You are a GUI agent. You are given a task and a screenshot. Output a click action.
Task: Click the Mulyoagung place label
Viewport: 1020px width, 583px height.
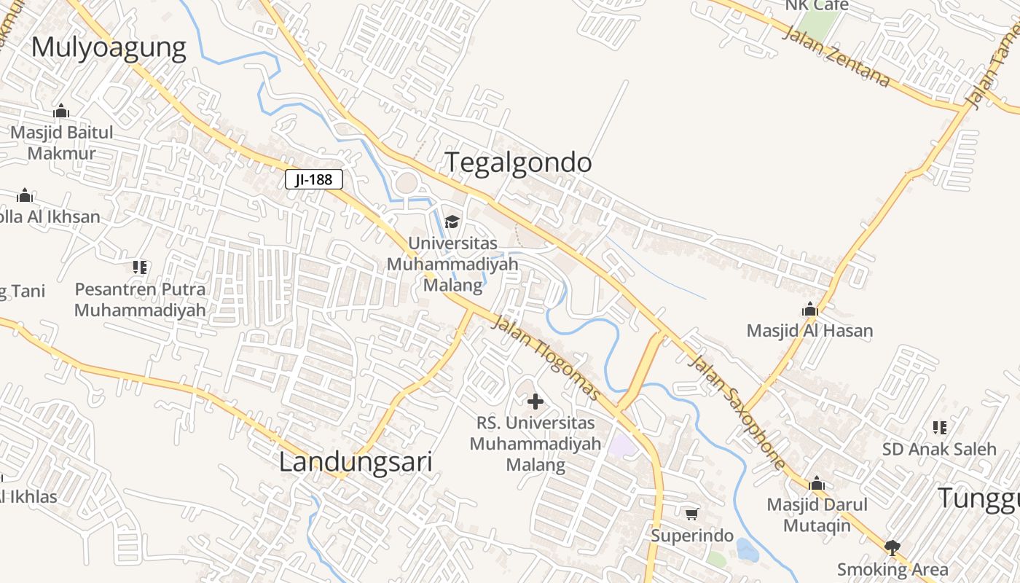(x=109, y=48)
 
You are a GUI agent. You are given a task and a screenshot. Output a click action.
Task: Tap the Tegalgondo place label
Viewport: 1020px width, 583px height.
(x=518, y=162)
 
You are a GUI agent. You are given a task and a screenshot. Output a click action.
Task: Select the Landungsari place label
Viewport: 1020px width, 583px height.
(x=356, y=462)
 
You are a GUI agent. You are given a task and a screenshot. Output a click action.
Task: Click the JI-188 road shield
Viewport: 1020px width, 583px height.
(x=314, y=179)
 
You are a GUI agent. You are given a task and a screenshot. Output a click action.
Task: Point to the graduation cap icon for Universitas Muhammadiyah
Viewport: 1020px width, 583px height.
(x=452, y=222)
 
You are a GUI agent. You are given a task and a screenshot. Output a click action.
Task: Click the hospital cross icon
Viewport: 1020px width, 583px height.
(x=535, y=401)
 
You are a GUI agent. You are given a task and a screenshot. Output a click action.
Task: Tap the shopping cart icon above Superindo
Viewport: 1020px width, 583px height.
(x=691, y=514)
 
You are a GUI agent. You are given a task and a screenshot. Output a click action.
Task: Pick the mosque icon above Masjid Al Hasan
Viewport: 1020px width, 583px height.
(x=809, y=309)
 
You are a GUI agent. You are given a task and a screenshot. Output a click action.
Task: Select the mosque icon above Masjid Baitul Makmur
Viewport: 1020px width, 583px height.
(x=61, y=111)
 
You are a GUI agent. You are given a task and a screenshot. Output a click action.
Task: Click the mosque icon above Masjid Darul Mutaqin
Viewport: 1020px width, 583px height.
(x=817, y=483)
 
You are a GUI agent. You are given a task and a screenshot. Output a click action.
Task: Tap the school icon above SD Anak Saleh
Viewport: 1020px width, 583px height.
(x=939, y=427)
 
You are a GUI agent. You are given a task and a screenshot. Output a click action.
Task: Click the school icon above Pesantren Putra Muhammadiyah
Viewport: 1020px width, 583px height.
(x=140, y=267)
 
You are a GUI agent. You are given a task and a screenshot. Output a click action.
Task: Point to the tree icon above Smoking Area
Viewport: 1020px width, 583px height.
(x=892, y=547)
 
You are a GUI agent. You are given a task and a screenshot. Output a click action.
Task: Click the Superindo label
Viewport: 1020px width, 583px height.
(x=691, y=536)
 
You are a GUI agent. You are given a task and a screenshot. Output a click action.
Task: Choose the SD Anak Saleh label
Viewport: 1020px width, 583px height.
(x=938, y=449)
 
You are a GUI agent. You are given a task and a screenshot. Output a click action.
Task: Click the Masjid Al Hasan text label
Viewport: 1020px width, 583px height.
(x=809, y=331)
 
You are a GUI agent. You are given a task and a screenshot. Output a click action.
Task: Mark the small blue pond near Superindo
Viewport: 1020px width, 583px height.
(x=746, y=549)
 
